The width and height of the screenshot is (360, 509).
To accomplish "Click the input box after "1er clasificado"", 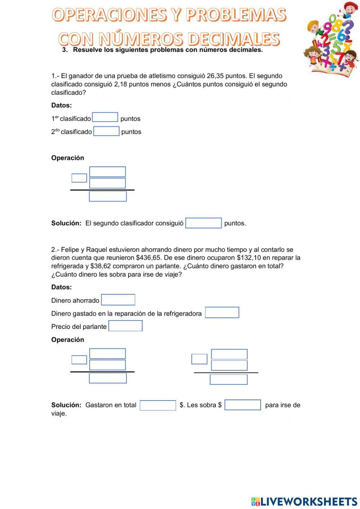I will pos(105,117).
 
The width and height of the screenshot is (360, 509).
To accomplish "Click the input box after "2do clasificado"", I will pos(106,131).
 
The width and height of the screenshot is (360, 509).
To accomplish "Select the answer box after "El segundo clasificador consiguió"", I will pos(203,223).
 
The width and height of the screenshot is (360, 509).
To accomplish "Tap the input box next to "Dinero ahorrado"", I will pos(118,300).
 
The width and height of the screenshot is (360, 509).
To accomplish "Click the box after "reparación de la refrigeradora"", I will pos(222,312).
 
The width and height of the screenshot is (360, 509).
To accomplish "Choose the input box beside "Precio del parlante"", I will pos(125,326).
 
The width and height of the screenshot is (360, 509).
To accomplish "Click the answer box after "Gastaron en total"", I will pos(158,405).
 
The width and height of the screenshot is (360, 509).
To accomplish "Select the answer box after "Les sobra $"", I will pos(243,405).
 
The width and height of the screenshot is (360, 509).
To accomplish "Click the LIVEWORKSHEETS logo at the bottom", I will pos(304,501).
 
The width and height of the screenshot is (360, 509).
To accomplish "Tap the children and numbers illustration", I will pos(332,38).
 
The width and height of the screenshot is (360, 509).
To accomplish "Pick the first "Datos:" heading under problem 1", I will pos(62,106).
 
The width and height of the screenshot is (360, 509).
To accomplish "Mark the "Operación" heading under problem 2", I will pos(68,340).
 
